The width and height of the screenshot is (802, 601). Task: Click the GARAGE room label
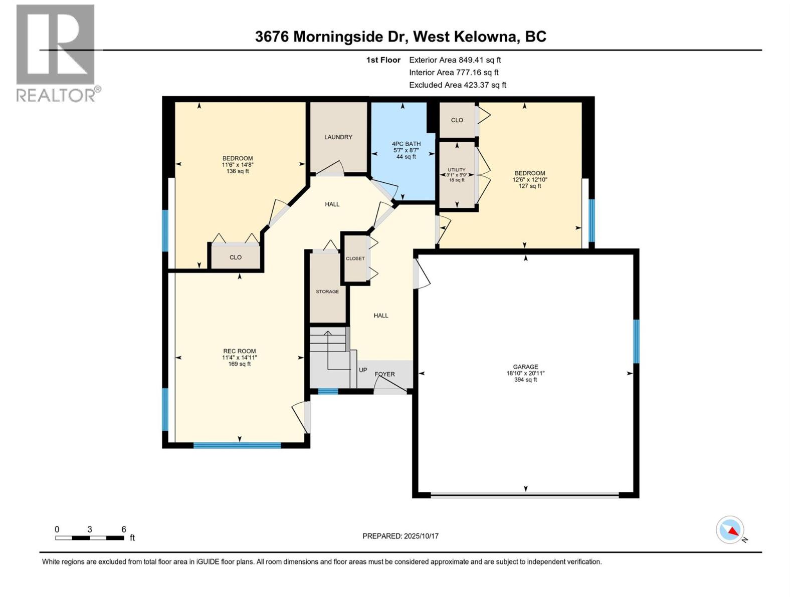pyautogui.click(x=525, y=367)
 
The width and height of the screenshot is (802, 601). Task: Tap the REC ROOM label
pyautogui.click(x=240, y=351)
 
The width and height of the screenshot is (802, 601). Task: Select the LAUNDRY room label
pyautogui.click(x=338, y=137)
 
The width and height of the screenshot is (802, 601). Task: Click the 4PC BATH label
pyautogui.click(x=406, y=144)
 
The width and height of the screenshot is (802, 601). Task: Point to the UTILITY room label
pyautogui.click(x=457, y=170)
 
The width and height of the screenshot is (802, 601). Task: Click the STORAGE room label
pyautogui.click(x=327, y=291)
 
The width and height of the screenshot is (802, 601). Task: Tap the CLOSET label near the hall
pyautogui.click(x=355, y=258)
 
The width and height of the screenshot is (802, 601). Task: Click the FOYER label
pyautogui.click(x=385, y=374)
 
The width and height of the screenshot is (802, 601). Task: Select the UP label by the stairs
pyautogui.click(x=363, y=370)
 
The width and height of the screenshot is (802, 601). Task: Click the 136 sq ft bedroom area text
pyautogui.click(x=238, y=171)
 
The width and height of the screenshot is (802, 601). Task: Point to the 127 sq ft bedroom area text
pyautogui.click(x=530, y=186)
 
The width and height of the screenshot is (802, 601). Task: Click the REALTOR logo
pyautogui.click(x=56, y=53)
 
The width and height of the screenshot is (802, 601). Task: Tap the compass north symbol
pyautogui.click(x=730, y=530)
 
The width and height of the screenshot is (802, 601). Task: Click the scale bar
pyautogui.click(x=90, y=538)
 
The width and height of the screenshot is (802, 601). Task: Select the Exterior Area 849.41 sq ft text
pyautogui.click(x=455, y=60)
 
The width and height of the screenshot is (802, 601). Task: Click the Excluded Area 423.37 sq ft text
pyautogui.click(x=458, y=85)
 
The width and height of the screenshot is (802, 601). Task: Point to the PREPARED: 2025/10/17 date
pyautogui.click(x=400, y=536)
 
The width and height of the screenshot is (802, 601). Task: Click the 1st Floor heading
pyautogui.click(x=383, y=60)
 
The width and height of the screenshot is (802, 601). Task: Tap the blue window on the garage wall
pyautogui.click(x=636, y=341)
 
